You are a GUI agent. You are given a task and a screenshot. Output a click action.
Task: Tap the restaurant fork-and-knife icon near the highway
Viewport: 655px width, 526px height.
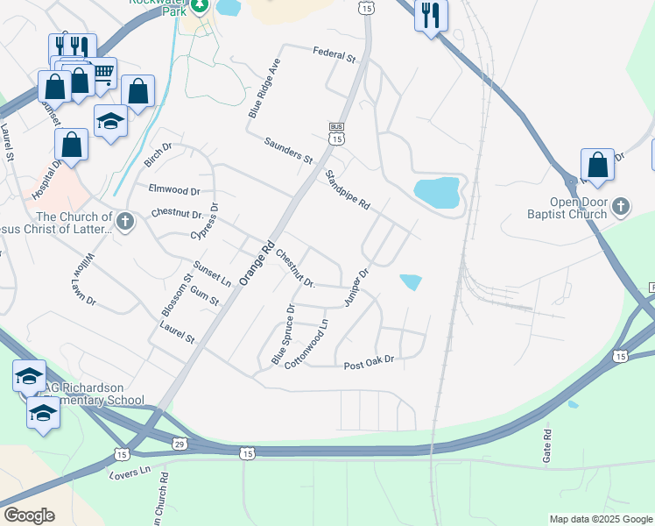coord(431,16)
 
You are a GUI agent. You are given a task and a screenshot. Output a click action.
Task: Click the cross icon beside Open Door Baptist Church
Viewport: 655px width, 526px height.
coord(621,207)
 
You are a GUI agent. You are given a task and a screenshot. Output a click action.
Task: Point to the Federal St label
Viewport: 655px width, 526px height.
coord(335,55)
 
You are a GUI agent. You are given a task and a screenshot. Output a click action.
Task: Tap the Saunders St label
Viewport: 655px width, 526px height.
coord(288,150)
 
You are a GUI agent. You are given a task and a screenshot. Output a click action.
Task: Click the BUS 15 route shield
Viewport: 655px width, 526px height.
coord(337,133)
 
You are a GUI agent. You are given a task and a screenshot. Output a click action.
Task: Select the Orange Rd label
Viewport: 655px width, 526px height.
coord(257,262)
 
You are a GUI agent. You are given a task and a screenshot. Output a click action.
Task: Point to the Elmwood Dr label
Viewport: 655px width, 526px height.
coord(175,189)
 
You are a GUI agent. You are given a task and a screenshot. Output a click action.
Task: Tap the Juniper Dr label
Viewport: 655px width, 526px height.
coord(357,286)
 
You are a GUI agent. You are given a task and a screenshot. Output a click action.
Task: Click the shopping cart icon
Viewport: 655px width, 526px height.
coord(103,72)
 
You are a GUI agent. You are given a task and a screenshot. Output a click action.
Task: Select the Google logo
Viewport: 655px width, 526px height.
coord(29,515)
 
